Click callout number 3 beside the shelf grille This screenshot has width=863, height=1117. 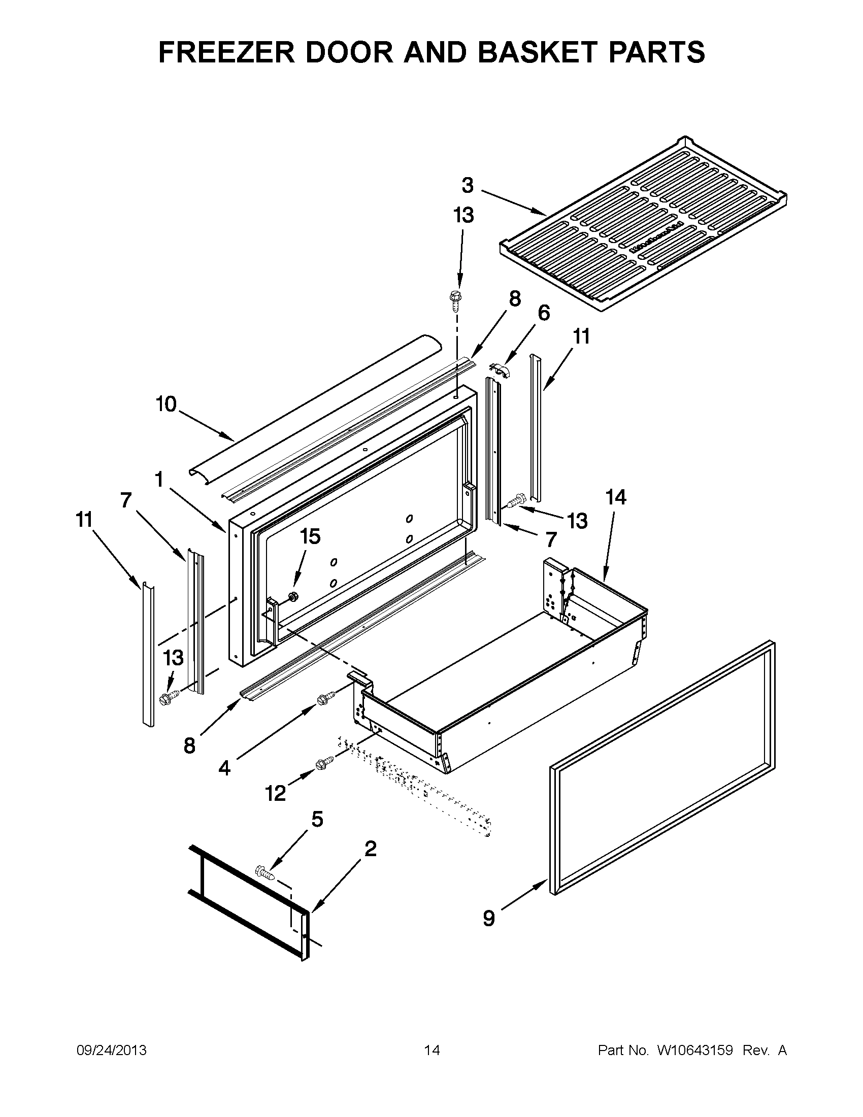point(468,185)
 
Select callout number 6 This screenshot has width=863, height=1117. point(543,313)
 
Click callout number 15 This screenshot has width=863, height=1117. point(310,536)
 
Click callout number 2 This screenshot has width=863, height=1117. point(371,849)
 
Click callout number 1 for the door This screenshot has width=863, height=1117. point(159,479)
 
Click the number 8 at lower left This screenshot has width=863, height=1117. point(189,746)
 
